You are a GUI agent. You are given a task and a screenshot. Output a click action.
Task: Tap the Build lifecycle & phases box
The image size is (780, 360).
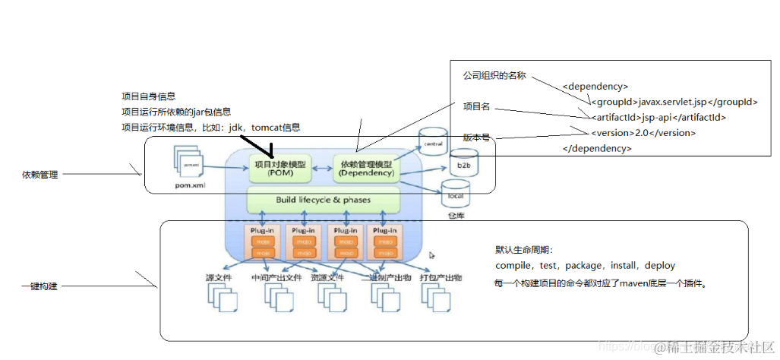pyautogui.click(x=323, y=201)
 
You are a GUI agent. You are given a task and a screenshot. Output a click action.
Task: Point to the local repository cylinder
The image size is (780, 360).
pyautogui.click(x=456, y=195)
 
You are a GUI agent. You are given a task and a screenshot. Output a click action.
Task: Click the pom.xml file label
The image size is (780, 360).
pyautogui.click(x=191, y=185)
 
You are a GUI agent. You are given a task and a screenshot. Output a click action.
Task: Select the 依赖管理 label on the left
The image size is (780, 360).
pyautogui.click(x=40, y=175)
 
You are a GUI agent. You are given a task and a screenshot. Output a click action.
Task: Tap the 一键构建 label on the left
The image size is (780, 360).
pyautogui.click(x=40, y=286)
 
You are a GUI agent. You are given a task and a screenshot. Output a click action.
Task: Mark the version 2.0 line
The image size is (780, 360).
pyautogui.click(x=643, y=133)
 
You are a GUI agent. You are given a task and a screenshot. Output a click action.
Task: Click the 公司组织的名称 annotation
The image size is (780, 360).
pyautogui.click(x=494, y=77)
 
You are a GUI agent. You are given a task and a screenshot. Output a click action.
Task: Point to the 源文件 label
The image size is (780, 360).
pyautogui.click(x=219, y=278)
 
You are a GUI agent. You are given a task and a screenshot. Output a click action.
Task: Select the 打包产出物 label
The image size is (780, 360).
pyautogui.click(x=441, y=278)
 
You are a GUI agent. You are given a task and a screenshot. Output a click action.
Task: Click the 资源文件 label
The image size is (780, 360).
pyautogui.click(x=327, y=278)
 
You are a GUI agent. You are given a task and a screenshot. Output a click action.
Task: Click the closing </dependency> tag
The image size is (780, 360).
pyautogui.click(x=597, y=148)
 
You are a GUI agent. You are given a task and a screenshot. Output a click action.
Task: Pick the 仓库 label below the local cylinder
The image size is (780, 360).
pyautogui.click(x=456, y=216)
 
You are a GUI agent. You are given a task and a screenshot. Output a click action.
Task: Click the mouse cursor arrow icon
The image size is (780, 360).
pyautogui.click(x=432, y=256)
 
